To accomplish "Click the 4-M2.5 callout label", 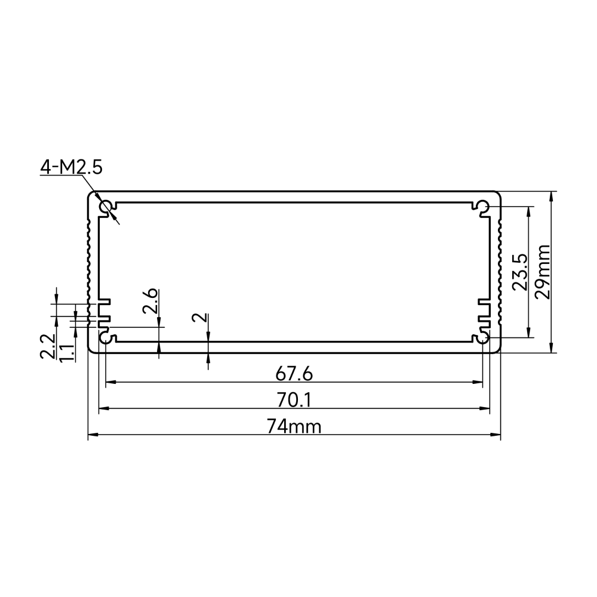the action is click(x=71, y=167).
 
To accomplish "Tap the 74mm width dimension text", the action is click(x=294, y=426).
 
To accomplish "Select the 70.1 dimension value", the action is click(x=294, y=400).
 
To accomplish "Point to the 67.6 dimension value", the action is click(x=294, y=374).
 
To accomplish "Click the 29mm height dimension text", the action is click(x=543, y=272).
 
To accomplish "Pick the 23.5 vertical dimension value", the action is click(x=520, y=272).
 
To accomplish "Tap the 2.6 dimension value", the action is click(x=150, y=301).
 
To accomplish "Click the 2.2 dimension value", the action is click(x=48, y=346).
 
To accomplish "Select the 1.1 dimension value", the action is click(x=67, y=352).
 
